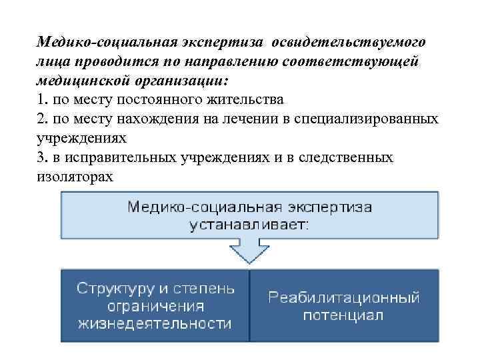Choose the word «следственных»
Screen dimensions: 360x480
coord(350,157)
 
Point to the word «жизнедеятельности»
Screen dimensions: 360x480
coord(155,324)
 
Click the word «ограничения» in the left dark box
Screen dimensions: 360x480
coord(155,307)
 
